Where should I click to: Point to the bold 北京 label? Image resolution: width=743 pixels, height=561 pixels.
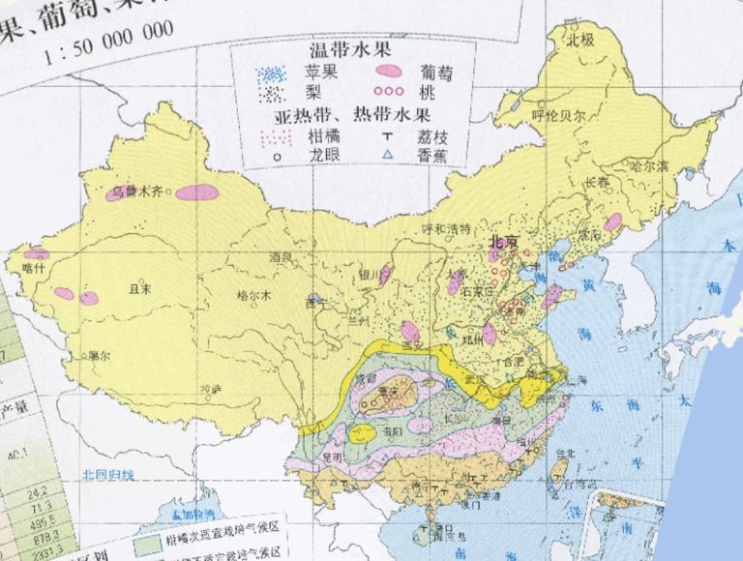coord(504,243)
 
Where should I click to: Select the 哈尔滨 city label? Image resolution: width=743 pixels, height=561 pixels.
coord(649,165)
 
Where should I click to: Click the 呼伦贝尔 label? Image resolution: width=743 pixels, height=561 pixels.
coord(559,114)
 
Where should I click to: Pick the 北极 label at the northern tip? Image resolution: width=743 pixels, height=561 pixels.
coord(579,41)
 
